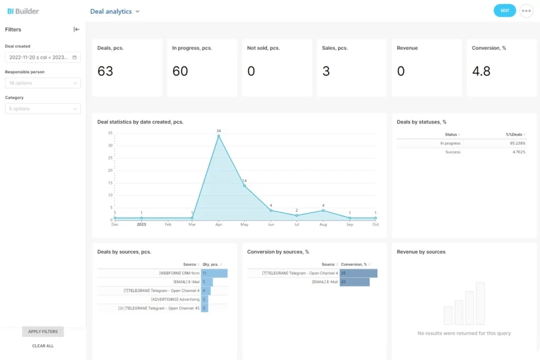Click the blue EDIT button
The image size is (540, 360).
pyautogui.click(x=505, y=11)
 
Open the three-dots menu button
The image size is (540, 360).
pyautogui.click(x=526, y=11)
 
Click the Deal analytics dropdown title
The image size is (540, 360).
pyautogui.click(x=114, y=12)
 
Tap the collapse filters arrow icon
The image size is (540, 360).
pyautogui.click(x=76, y=30)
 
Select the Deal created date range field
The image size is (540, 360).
pyautogui.click(x=43, y=57)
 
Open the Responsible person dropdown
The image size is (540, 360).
pyautogui.click(x=43, y=83)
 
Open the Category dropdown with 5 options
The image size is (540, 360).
pyautogui.click(x=43, y=109)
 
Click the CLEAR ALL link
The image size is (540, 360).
pyautogui.click(x=43, y=346)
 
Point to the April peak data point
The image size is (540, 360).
pyautogui.click(x=218, y=136)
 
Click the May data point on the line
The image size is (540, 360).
pyautogui.click(x=245, y=186)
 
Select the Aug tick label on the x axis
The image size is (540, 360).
pyautogui.click(x=323, y=225)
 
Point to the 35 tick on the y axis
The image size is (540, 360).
pyautogui.click(x=110, y=133)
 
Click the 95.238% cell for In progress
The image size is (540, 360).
pyautogui.click(x=518, y=143)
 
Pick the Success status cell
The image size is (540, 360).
pyautogui.click(x=452, y=152)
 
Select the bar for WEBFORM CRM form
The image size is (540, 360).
pyautogui.click(x=214, y=273)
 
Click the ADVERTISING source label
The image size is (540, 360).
pyautogui.click(x=175, y=299)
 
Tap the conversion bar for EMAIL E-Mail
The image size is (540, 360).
pyautogui.click(x=354, y=282)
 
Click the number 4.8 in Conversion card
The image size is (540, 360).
pyautogui.click(x=481, y=71)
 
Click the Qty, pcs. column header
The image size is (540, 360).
pyautogui.click(x=210, y=264)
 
